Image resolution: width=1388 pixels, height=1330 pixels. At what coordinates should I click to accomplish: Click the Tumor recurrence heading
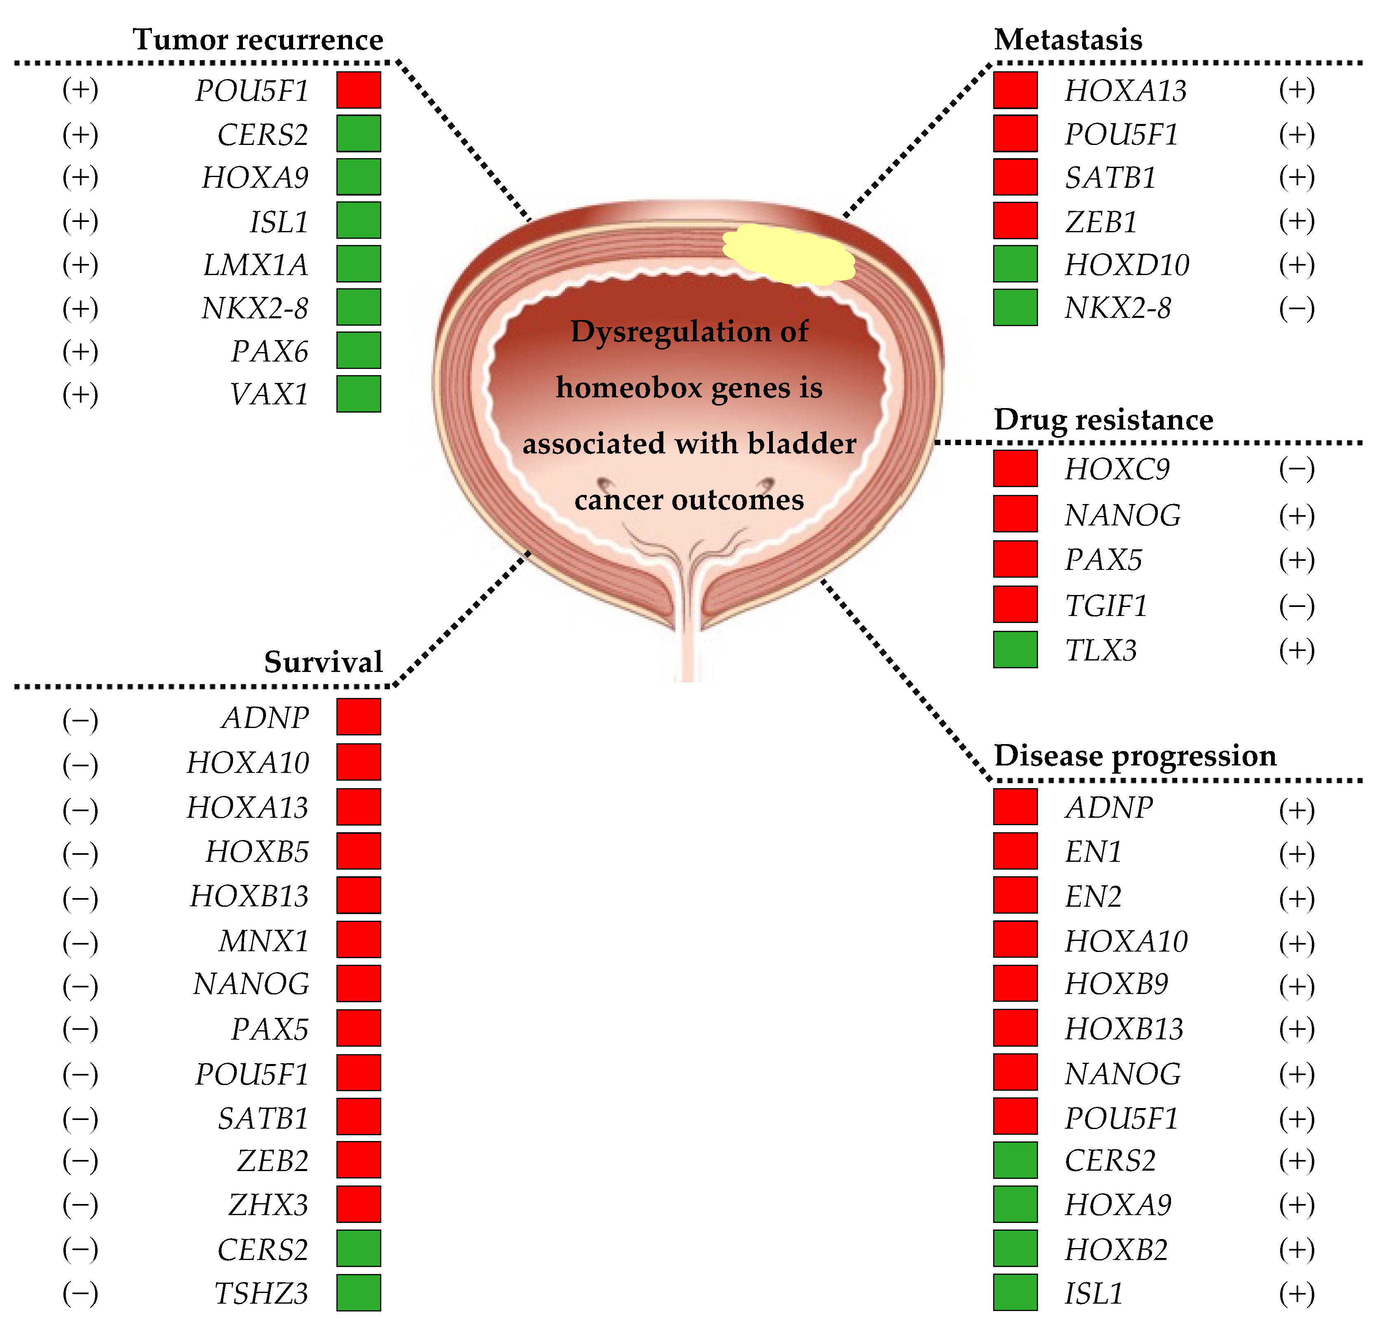coord(258,40)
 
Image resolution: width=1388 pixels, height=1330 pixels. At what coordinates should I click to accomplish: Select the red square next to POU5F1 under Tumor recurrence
coord(358,90)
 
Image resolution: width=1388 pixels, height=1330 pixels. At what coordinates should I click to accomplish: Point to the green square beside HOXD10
coord(1015,264)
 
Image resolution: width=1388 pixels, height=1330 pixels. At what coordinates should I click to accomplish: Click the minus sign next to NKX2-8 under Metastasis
coord(1296,308)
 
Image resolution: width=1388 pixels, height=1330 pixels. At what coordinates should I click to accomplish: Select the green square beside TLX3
coord(1015,649)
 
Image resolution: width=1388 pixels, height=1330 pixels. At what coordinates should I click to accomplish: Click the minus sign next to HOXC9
coord(1296,469)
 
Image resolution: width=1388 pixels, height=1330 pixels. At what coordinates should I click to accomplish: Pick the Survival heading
coord(323,662)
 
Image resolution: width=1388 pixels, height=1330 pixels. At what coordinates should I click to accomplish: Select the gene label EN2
coord(1093,896)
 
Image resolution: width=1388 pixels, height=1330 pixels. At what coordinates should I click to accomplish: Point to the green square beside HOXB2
coord(1015,1248)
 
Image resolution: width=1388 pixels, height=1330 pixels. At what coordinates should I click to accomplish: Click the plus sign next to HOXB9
coord(1296,985)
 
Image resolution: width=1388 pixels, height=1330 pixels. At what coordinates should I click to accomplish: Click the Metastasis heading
coord(1068,40)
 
